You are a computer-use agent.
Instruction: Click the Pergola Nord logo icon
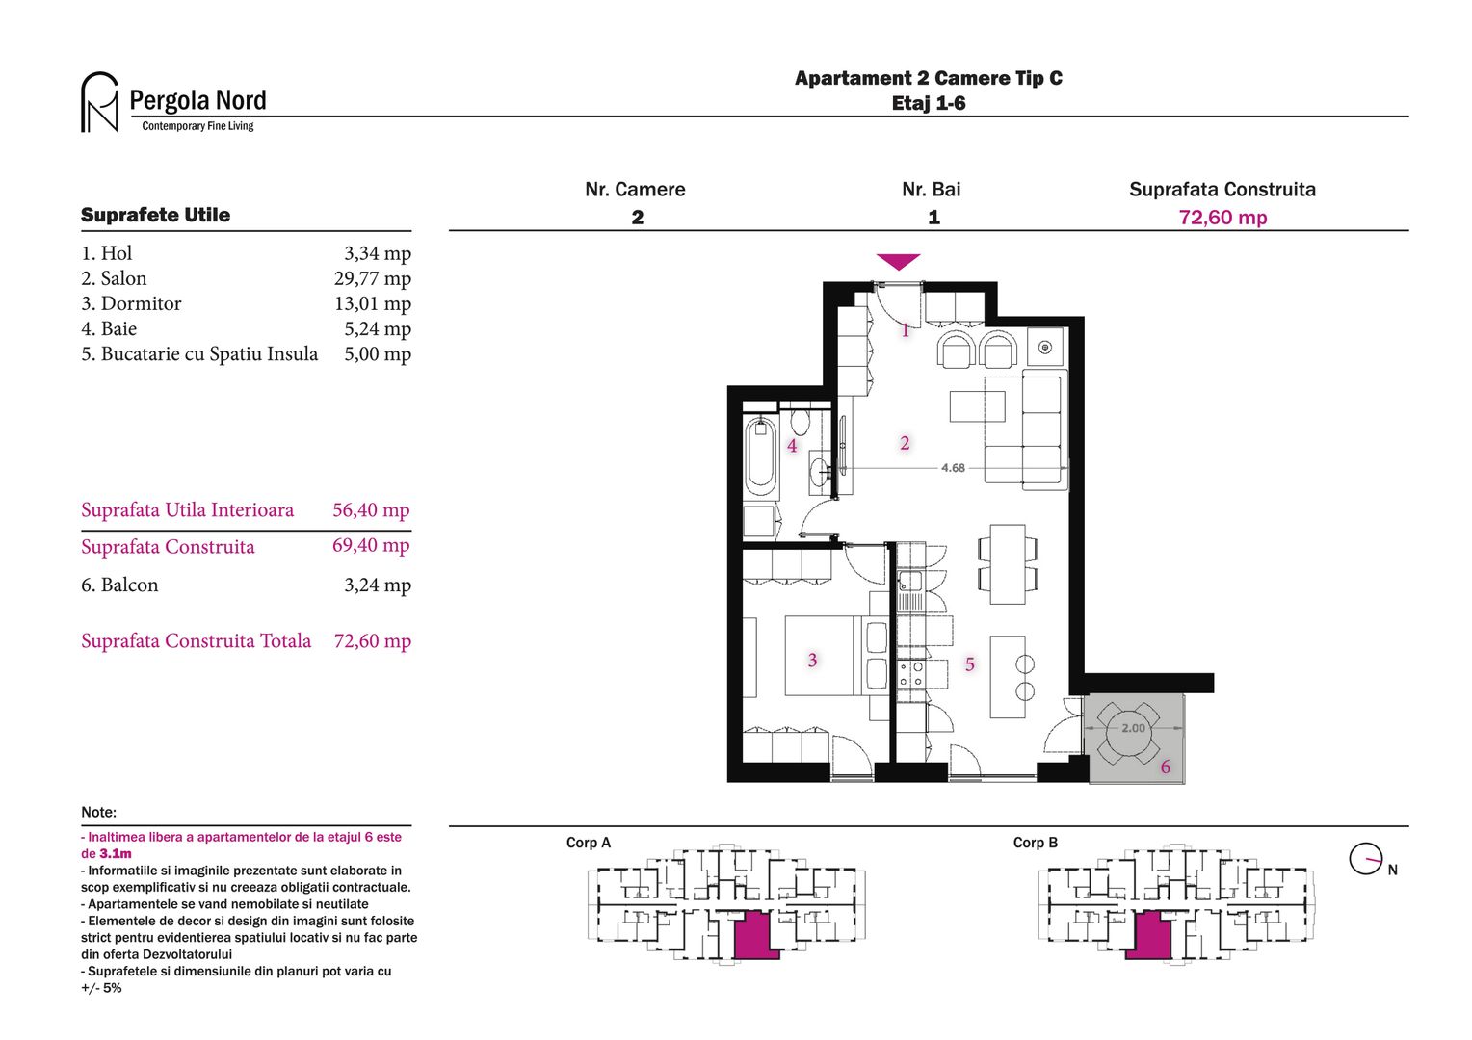99,102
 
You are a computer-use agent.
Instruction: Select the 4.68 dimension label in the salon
953,468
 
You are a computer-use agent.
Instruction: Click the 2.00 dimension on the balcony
1133,728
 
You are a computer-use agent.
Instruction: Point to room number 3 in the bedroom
812,661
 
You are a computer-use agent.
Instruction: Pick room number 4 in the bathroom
792,446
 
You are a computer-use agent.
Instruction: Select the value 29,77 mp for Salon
372,279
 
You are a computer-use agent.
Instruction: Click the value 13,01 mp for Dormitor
372,304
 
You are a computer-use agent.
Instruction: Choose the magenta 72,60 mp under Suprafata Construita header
1222,218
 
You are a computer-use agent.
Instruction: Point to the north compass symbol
1366,859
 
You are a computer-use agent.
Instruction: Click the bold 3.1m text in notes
116,854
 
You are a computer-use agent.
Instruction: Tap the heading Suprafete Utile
155,215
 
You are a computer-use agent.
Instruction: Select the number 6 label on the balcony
1165,767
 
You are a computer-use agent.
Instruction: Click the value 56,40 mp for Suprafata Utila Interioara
371,510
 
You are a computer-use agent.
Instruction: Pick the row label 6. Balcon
119,585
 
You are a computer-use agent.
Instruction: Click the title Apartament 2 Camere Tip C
928,79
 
